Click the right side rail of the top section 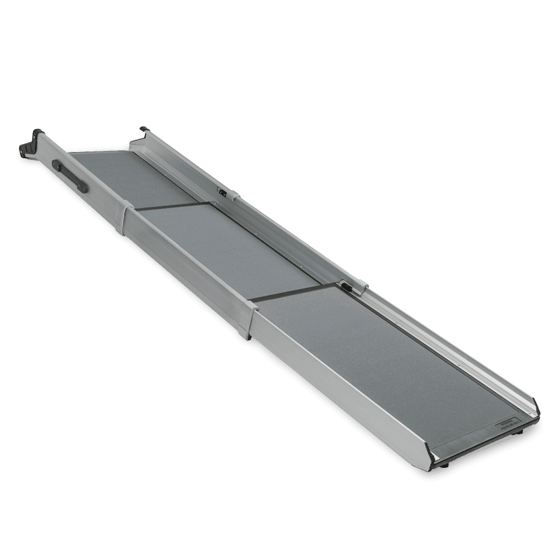[184, 168]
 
